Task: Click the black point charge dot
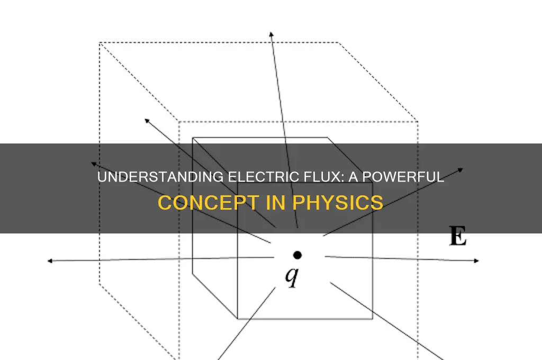[297, 255]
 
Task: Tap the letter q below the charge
[292, 276]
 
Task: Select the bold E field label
[458, 236]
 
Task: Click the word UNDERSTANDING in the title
[161, 177]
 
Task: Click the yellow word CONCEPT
[209, 203]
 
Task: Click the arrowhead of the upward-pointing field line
[272, 34]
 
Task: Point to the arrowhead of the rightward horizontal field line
[477, 261]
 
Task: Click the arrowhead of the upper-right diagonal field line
[461, 169]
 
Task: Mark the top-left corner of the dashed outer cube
[100, 43]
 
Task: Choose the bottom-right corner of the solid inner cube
[372, 319]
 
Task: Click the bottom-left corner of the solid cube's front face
[238, 319]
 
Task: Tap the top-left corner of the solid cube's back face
[193, 138]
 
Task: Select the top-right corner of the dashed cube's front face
[418, 121]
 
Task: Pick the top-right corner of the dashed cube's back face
[338, 43]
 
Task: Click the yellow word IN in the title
[276, 203]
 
